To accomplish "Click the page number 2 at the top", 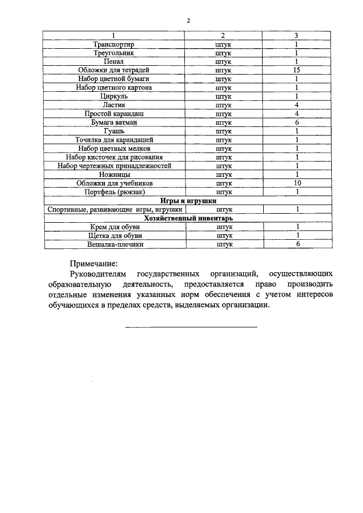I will tap(188, 21).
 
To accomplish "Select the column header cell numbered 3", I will tap(297, 36).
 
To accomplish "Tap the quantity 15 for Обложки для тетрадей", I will tap(297, 70).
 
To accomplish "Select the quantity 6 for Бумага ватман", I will tap(297, 122).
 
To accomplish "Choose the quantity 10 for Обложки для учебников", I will tap(297, 183).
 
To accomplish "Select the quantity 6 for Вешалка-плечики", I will tap(297, 244).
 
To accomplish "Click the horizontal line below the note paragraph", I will tap(191, 327).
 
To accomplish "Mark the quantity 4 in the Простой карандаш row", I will tap(297, 113).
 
